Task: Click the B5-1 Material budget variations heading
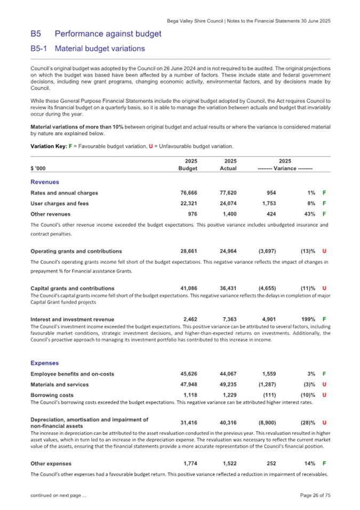pos(87,48)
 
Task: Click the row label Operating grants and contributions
pos(76,250)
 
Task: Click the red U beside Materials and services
pos(325,384)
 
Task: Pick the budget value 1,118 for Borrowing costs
pos(190,395)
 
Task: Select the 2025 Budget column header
pos(188,164)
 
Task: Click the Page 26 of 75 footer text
pos(315,496)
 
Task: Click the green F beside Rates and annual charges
pos(325,192)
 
